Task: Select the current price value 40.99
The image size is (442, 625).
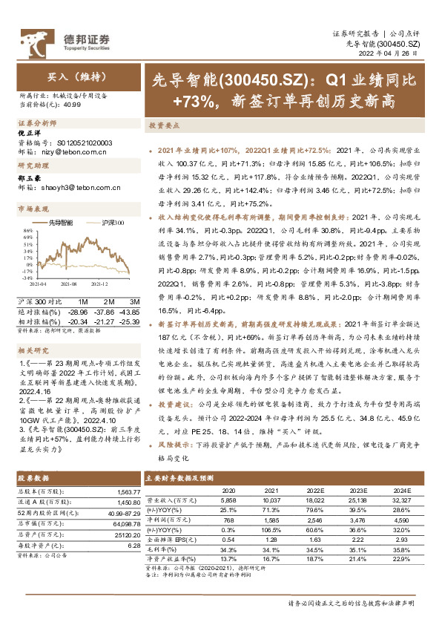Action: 73,105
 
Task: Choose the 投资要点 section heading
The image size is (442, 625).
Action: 163,125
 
